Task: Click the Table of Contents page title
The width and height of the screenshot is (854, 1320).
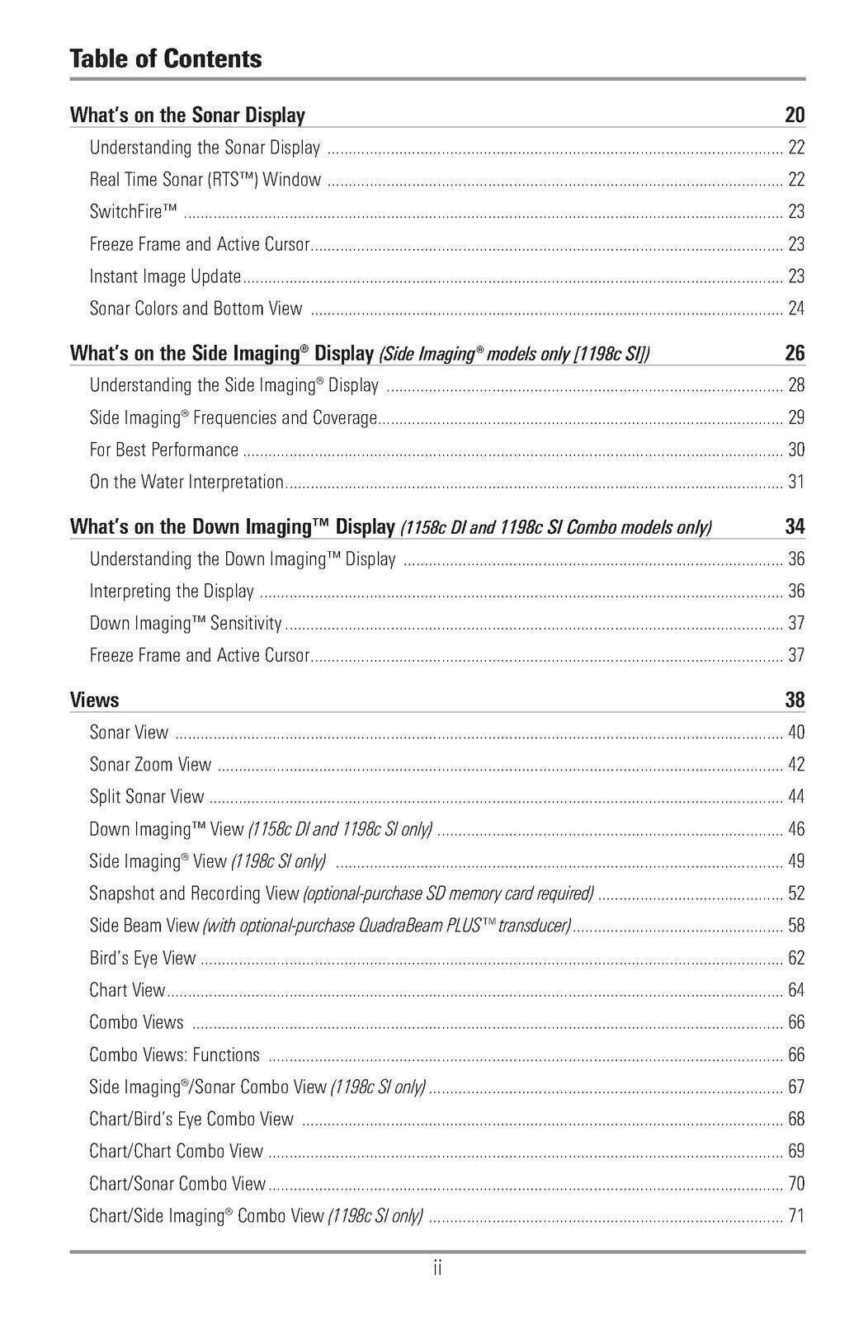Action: pos(166,59)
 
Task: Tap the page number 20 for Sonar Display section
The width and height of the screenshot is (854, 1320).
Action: pos(794,115)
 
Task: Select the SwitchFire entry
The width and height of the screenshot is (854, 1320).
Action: pos(133,212)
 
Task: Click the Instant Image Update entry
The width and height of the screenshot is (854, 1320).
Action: pos(165,276)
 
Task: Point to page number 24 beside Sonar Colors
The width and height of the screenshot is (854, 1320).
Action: pos(795,309)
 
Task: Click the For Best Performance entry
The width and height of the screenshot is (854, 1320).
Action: pos(163,450)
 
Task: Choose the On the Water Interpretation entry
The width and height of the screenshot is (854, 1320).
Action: pos(186,482)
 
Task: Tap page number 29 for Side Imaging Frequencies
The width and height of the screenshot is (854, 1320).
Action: pos(795,417)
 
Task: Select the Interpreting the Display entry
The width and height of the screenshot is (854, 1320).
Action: pos(172,592)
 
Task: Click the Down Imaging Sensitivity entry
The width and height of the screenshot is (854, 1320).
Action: pos(186,624)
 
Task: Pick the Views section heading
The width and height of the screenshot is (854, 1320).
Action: pos(94,700)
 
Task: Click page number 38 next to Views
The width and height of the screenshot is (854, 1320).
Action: pos(794,700)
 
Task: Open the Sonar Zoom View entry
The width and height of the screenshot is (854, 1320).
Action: pos(150,765)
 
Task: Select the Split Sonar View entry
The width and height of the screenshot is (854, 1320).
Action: pos(146,797)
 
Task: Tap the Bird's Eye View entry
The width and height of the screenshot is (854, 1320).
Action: pos(142,958)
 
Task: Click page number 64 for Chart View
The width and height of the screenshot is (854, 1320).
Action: pos(795,990)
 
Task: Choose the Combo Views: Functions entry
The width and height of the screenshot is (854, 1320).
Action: pos(174,1054)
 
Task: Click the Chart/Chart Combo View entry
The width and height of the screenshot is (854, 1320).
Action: pos(176,1151)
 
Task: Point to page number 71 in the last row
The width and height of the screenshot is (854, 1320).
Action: pos(795,1215)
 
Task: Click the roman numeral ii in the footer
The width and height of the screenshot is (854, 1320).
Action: pos(437,1268)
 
